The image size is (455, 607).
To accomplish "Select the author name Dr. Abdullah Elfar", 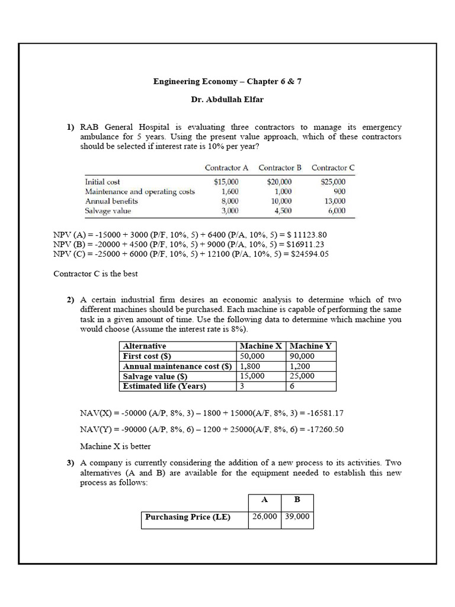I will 227,100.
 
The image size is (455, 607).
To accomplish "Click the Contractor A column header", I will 226,168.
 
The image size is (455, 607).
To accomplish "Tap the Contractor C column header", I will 333,168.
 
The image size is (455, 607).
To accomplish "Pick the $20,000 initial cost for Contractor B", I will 279,182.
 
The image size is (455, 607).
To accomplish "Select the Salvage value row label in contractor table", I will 108,210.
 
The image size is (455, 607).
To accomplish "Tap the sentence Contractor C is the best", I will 95,273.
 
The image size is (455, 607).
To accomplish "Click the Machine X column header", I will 261,346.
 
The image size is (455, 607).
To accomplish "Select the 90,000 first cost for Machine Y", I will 302,356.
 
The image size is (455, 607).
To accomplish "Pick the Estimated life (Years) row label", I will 164,386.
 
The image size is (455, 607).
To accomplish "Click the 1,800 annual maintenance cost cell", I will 251,366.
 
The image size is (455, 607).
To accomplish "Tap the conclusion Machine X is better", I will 115,446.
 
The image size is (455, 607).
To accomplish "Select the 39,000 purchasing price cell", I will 297,517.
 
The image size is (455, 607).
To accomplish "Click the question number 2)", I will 71,301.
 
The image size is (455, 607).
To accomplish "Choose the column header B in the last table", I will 297,500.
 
